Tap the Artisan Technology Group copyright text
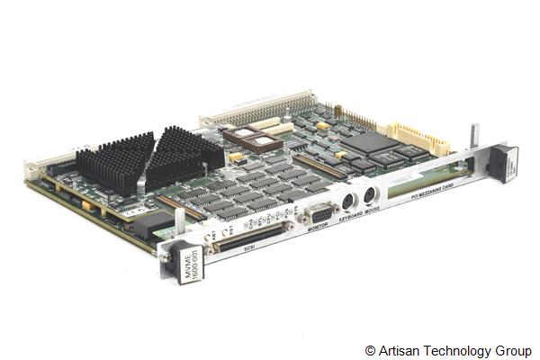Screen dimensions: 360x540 447,350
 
